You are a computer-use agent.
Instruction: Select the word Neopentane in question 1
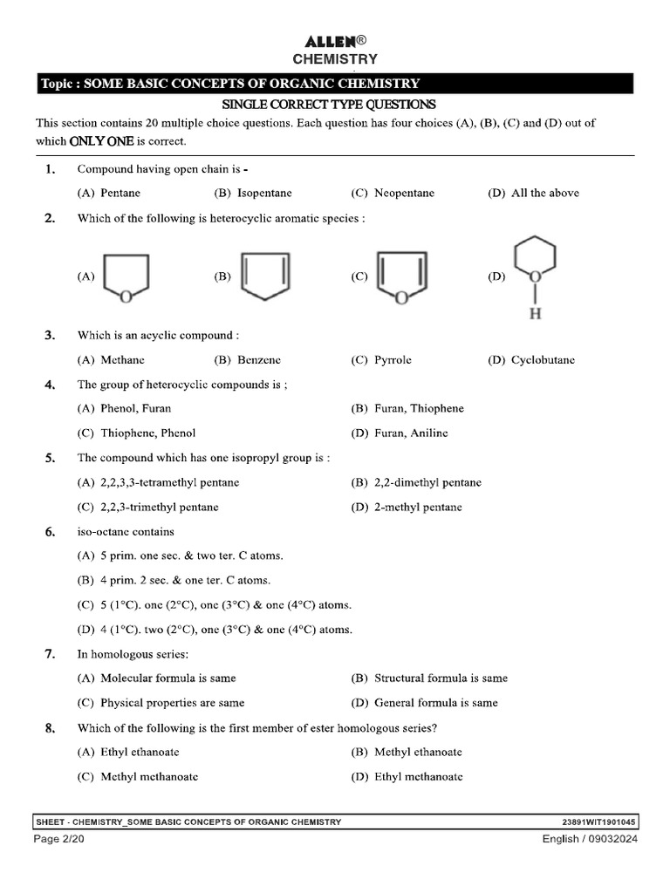tap(404, 193)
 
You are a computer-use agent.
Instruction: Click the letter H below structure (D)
tap(536, 313)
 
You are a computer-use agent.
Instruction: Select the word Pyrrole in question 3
tap(393, 359)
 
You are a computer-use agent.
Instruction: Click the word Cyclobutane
tap(543, 359)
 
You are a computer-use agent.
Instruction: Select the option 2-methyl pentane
tap(418, 507)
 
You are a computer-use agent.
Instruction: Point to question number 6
tap(51, 531)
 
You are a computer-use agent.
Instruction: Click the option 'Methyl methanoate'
tap(149, 776)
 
